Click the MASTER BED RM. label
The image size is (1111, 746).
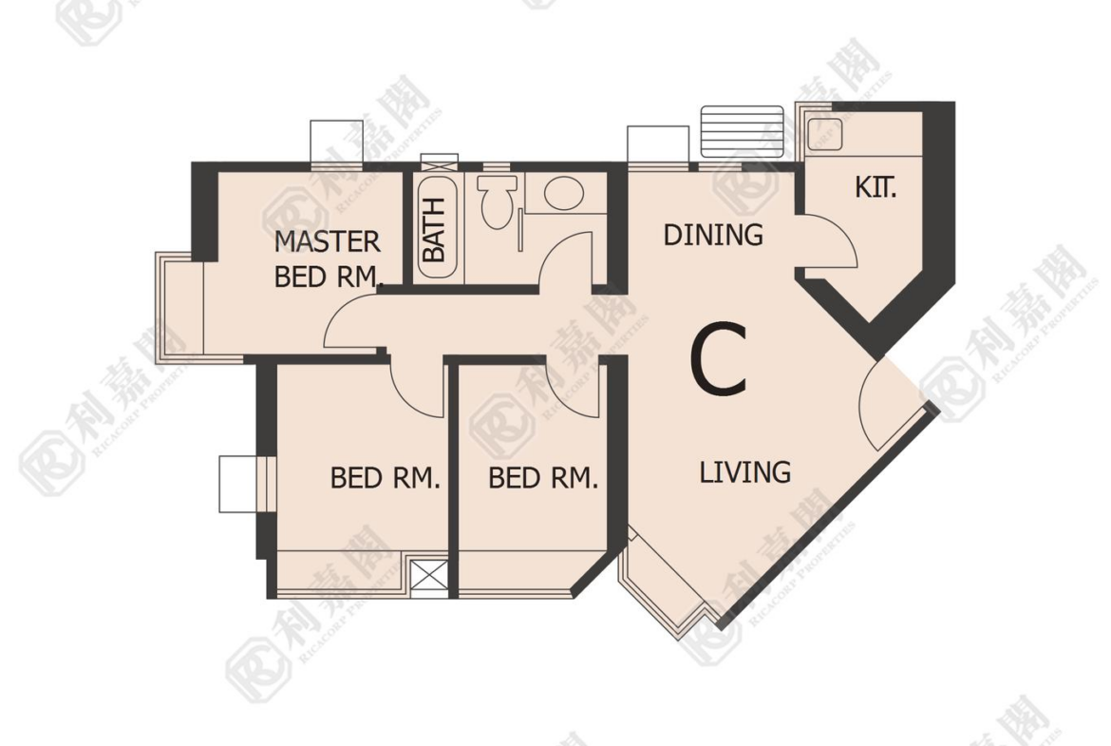coord(328,258)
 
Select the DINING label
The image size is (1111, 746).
coord(713,235)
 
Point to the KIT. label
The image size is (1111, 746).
coord(876,187)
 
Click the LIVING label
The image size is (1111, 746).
coord(745,471)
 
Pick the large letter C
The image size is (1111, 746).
coord(719,359)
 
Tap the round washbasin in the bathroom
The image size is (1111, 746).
coord(564,192)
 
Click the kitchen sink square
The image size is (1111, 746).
coord(824,134)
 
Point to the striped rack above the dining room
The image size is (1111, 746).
coord(742,131)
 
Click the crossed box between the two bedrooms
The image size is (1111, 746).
coord(429,575)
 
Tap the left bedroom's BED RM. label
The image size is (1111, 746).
coord(386,478)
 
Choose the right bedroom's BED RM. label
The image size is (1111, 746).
coord(543,478)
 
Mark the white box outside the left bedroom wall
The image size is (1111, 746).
coord(237,485)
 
